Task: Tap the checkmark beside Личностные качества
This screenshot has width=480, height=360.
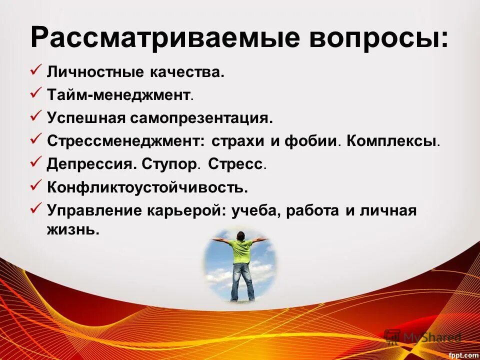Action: pyautogui.click(x=35, y=70)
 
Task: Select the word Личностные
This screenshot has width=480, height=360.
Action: pyautogui.click(x=95, y=72)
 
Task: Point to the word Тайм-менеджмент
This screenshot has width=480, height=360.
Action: pyautogui.click(x=119, y=94)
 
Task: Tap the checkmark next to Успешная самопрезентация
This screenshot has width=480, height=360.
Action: pyautogui.click(x=35, y=116)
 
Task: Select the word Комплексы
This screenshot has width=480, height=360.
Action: pyautogui.click(x=393, y=141)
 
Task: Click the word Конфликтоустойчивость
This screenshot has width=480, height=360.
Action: pyautogui.click(x=147, y=187)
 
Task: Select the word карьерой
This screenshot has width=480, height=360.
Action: pyautogui.click(x=188, y=210)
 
